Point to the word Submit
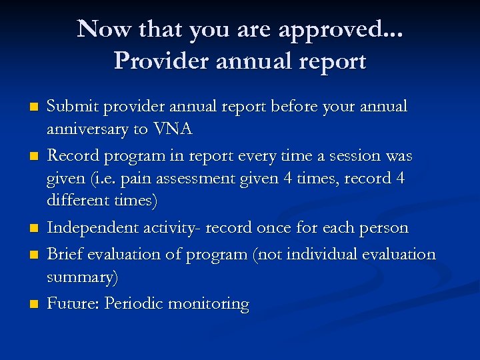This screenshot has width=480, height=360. pyautogui.click(x=71, y=107)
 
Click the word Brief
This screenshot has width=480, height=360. pyautogui.click(x=65, y=255)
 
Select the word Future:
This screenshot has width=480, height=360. pyautogui.click(x=73, y=304)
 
